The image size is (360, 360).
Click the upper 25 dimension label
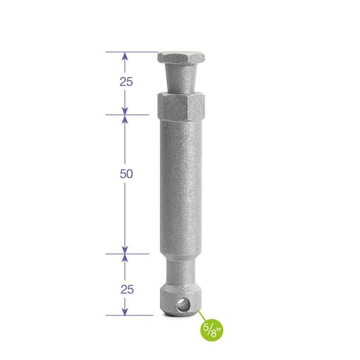coord(126,82)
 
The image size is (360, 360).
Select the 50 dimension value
coord(126,174)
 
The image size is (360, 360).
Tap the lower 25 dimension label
coord(126,290)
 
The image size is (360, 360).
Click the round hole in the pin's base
coord(181,304)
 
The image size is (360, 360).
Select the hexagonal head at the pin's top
coord(181,57)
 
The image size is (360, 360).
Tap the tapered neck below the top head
coord(181,77)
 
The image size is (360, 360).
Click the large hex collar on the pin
coord(181,106)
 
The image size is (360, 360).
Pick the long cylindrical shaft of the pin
coord(181,184)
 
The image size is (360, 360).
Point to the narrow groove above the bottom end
coord(181,272)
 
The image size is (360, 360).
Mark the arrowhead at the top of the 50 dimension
coord(125,120)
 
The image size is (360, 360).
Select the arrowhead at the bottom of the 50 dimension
coord(125,249)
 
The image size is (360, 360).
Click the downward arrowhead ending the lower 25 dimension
coord(125,311)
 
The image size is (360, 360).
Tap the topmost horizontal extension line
coord(132,52)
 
